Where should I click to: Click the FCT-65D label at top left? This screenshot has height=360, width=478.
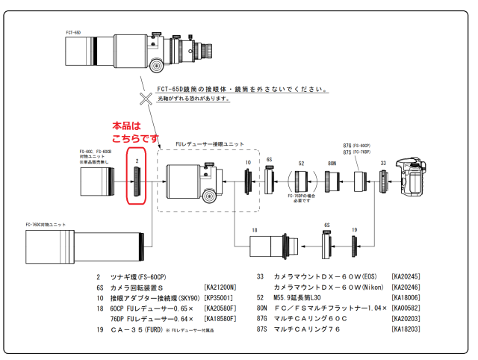point(73,32)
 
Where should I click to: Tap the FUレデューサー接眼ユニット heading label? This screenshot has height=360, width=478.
point(209,143)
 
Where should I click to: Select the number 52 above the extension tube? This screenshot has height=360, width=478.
point(301,163)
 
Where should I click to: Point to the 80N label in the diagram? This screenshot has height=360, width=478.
point(332,163)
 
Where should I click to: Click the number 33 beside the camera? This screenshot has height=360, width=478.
point(383,162)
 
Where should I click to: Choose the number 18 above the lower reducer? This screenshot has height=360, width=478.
point(255,231)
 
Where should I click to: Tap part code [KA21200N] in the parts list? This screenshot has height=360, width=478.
point(220,287)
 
